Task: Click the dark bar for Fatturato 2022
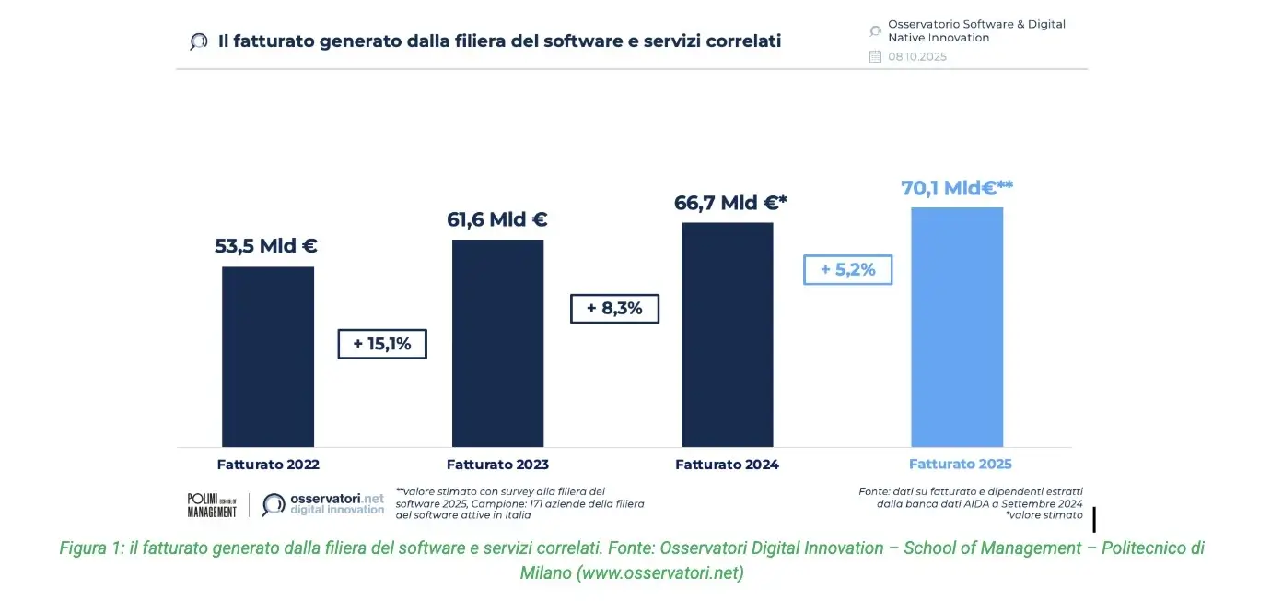coord(268,357)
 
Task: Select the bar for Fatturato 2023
coord(497,343)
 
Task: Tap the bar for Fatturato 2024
coord(727,335)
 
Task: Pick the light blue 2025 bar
coord(957,327)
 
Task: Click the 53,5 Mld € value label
coord(266,246)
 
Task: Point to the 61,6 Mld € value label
coord(496,219)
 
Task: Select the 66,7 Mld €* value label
coord(731,203)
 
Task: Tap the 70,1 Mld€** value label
coord(957,188)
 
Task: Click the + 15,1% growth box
coord(382,344)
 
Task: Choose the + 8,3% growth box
coord(614,309)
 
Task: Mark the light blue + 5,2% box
coord(847,270)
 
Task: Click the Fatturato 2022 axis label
coord(268,465)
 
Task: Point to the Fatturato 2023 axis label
coord(497,465)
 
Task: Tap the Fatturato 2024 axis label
coord(727,465)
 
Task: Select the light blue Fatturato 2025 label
coord(960,465)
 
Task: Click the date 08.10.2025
coord(916,57)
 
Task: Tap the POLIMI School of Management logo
coord(212,505)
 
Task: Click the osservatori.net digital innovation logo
coord(323,504)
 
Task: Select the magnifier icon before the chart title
coord(198,41)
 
